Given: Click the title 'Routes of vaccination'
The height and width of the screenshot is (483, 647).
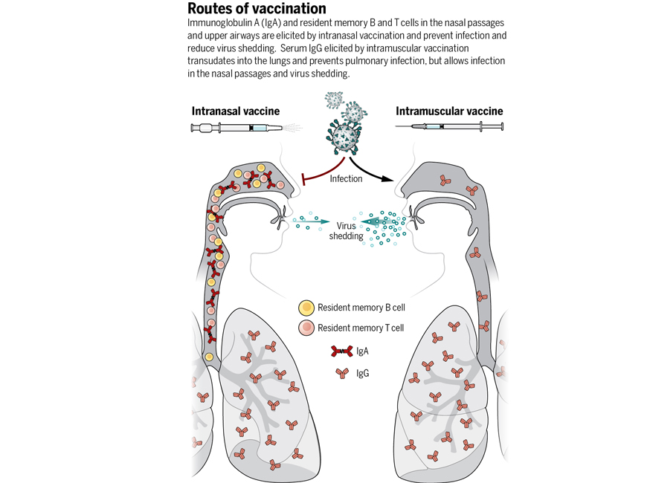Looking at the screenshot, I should point(257,9).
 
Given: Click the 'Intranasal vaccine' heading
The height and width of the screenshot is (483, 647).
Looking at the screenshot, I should point(236,111).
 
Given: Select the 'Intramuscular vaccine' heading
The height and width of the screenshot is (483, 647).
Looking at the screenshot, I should point(449,111).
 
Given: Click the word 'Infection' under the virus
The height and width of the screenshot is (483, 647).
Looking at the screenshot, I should point(346,178).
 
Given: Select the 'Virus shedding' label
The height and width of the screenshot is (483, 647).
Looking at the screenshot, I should point(349,230).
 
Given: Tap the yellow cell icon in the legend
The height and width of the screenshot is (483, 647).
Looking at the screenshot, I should point(306,308).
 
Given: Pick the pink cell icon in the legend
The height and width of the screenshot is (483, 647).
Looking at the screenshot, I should point(306,328).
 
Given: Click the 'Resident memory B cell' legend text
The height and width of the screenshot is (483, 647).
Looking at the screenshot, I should point(361,308).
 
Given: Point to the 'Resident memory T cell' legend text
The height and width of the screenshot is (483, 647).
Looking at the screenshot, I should point(361,328).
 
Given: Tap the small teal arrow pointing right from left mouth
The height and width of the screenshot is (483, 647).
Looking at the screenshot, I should point(312,221).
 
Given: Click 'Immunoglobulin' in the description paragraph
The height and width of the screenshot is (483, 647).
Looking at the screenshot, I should point(217,24).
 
